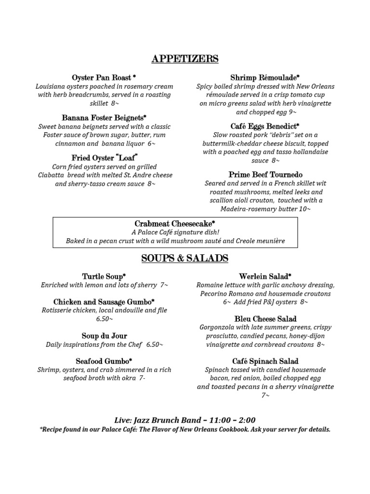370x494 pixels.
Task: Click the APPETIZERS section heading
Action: tap(185, 59)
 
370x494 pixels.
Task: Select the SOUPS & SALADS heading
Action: tap(185, 259)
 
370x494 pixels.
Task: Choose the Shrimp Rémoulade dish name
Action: tap(265, 78)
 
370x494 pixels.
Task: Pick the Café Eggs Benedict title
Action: tap(265, 126)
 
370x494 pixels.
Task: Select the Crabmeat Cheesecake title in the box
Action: tap(175, 223)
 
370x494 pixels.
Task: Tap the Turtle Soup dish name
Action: tap(104, 276)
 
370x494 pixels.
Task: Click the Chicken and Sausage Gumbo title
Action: tap(104, 302)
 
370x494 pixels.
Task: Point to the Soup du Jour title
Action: tap(104, 336)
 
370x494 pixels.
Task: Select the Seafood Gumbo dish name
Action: tap(104, 361)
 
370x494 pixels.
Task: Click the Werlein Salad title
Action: tap(265, 276)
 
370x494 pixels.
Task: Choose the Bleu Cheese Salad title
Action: tap(265, 319)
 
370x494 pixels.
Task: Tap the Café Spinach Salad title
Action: tap(265, 361)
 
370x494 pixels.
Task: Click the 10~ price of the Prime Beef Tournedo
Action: tap(304, 209)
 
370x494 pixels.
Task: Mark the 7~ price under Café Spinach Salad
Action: tap(265, 396)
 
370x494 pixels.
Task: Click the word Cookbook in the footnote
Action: tap(251, 429)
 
